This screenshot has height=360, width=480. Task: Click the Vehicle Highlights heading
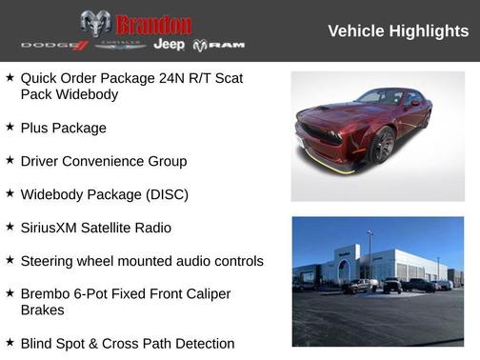pos(398,31)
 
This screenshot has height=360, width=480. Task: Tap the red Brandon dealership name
pos(153,24)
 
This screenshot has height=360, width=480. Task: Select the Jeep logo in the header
pos(169,45)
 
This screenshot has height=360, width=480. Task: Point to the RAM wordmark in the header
pos(219,45)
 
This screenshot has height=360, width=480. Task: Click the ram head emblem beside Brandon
pos(95,23)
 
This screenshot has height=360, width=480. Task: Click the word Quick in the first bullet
pos(39,77)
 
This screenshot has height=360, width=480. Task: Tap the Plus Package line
pos(63,128)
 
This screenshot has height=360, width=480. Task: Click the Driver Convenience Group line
pos(103,161)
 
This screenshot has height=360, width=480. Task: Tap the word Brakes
pos(43,310)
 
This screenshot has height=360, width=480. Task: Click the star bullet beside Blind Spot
pos(10,342)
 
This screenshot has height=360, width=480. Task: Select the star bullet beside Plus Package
pos(10,126)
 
